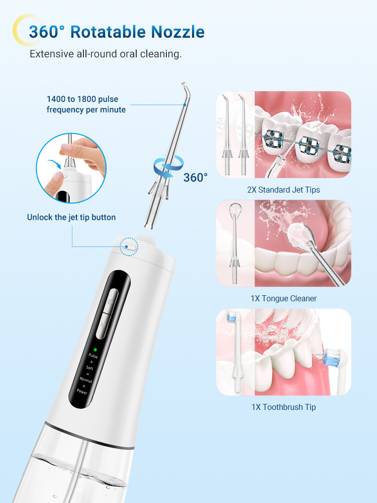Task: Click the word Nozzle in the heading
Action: pyautogui.click(x=177, y=32)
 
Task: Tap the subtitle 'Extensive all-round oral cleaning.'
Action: pyautogui.click(x=106, y=54)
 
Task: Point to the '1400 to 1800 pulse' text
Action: pyautogui.click(x=82, y=99)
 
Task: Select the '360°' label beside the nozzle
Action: pyautogui.click(x=196, y=178)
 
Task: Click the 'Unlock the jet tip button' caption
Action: pyautogui.click(x=71, y=217)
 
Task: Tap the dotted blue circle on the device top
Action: pyautogui.click(x=129, y=246)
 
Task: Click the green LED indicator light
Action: pyautogui.click(x=95, y=350)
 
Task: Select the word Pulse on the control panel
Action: pyautogui.click(x=93, y=356)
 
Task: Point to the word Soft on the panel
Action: pyautogui.click(x=89, y=368)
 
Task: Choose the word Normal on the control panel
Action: pyautogui.click(x=86, y=380)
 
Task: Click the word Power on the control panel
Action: pyautogui.click(x=82, y=392)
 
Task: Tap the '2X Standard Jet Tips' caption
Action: pyautogui.click(x=284, y=190)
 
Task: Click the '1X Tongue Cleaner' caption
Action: pyautogui.click(x=284, y=299)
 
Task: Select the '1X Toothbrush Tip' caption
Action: pyautogui.click(x=284, y=407)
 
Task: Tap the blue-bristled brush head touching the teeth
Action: pyautogui.click(x=332, y=357)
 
